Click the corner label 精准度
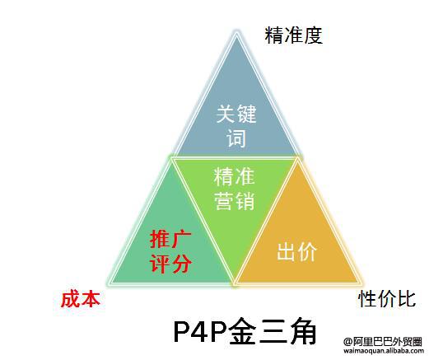293,35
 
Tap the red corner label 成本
80,299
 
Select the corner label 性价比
387,299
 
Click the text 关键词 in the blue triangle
236,126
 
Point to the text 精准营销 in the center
234,189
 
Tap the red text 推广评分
170,252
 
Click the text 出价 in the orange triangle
296,252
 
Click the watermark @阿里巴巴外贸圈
383,342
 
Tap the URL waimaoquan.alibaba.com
384,351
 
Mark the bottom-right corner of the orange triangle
360,283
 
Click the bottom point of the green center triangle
234,283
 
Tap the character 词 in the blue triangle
236,138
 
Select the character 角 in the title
302,331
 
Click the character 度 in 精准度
313,35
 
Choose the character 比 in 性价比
407,299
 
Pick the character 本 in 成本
91,299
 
